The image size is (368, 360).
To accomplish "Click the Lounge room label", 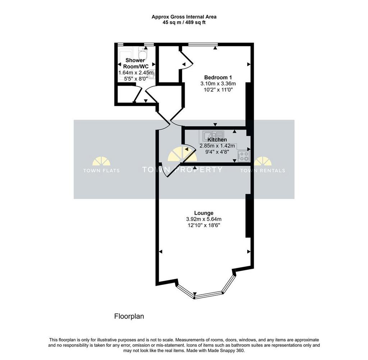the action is coord(204,213).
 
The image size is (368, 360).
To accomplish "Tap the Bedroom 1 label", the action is coord(218,77).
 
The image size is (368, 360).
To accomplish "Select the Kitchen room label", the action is coord(217,140).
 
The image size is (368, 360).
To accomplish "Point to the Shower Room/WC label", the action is coord(136,63).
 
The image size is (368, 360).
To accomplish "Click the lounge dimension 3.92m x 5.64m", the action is coord(204,219).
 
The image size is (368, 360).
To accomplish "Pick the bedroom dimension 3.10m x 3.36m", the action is coord(218,83).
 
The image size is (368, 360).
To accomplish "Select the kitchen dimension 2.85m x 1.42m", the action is coord(217,146).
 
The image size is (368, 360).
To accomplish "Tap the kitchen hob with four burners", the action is coord(244,156).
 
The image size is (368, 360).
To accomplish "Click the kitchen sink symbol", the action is coord(212,135).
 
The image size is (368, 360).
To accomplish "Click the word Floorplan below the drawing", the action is coord(129,317).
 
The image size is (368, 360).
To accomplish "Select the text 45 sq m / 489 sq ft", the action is coord(184,23).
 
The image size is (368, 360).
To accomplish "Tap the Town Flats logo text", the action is coord(101,170).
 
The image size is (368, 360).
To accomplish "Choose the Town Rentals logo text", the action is coord(263,170).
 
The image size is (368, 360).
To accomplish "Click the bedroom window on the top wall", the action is coord(203,44).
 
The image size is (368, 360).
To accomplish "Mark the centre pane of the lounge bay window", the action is coord(208,295).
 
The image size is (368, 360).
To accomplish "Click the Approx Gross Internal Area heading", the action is coord(184,17).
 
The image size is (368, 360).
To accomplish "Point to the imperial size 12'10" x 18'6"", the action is coord(204,225).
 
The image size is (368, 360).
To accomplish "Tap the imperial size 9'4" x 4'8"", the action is coord(217,152).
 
